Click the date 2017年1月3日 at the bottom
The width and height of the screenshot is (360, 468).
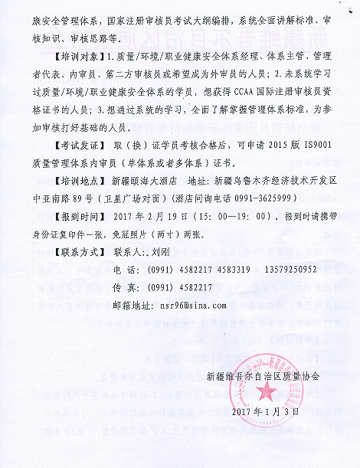click(x=265, y=411)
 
